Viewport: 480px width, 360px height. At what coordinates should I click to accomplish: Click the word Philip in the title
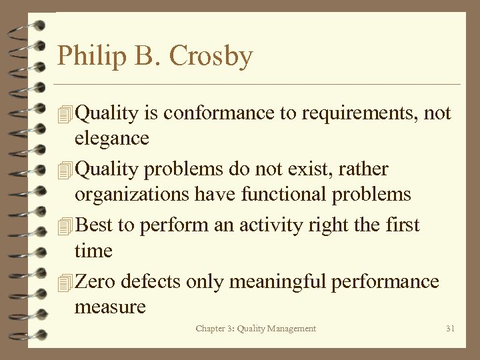(x=85, y=56)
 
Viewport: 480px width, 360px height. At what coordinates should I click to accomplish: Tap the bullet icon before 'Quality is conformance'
(x=65, y=114)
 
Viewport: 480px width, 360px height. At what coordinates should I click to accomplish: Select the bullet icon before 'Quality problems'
(x=65, y=170)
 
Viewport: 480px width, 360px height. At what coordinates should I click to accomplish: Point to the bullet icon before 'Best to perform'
(x=65, y=226)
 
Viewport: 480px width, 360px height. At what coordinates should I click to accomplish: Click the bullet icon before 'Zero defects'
(x=65, y=282)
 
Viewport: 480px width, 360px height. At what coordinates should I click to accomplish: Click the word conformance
(x=219, y=113)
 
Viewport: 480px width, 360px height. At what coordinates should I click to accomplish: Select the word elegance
(x=111, y=138)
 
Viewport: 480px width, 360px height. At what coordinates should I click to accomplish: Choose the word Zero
(x=95, y=281)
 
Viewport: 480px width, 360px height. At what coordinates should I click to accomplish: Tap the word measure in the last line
(x=110, y=307)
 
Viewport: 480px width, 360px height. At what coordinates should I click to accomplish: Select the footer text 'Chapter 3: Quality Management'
(x=256, y=328)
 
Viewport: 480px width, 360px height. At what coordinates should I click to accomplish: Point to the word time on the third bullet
(x=93, y=251)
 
